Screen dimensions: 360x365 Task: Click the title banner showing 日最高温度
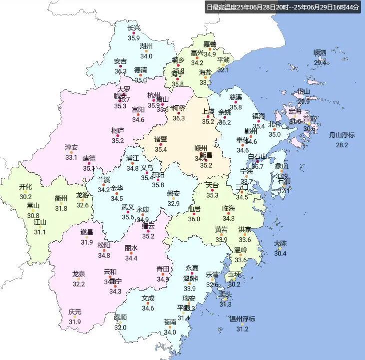coord(283,7)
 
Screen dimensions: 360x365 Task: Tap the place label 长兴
coord(134,28)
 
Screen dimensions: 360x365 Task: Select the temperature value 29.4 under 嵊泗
coord(320,63)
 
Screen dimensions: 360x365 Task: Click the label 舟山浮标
coord(342,135)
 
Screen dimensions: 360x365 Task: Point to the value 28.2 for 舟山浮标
coord(342,145)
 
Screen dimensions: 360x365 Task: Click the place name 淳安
coord(71,147)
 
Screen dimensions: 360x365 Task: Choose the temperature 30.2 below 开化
coord(25,197)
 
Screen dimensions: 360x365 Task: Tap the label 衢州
coord(61,198)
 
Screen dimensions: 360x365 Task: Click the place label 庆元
coord(75,312)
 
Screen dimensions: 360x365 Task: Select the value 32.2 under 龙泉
coord(78,284)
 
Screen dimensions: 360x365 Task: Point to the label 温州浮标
coord(242,319)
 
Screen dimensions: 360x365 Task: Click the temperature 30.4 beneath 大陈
coord(280,254)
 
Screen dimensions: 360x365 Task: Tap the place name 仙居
coord(194,208)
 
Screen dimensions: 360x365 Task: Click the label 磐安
coord(173,193)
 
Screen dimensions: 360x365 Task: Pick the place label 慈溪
coord(236,97)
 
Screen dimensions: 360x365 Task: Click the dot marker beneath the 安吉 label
coord(120,66)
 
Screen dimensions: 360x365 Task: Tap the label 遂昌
coord(87,232)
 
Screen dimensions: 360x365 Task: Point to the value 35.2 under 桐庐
coord(118,141)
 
